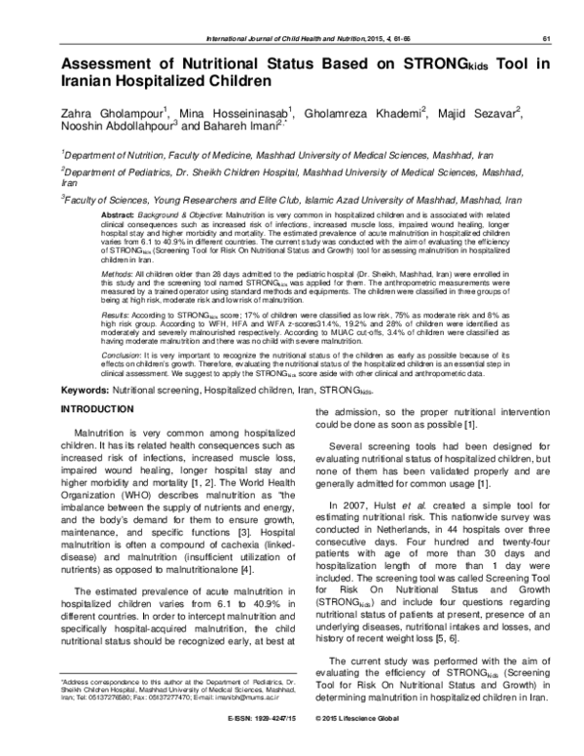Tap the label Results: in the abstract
pos(118,289)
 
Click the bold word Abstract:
pos(120,211)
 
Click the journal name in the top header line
pos(293,39)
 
